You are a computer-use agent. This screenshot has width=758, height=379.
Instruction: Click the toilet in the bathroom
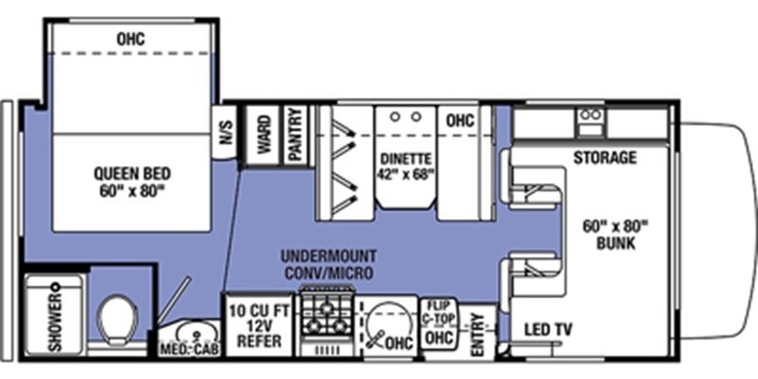[x=118, y=320]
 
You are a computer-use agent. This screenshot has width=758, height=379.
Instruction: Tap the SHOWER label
[x=58, y=317]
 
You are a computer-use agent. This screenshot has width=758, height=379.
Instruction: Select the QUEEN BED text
[x=133, y=173]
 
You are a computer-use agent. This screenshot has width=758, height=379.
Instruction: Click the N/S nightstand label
[x=226, y=132]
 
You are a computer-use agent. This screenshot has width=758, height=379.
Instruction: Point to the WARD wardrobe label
[x=264, y=134]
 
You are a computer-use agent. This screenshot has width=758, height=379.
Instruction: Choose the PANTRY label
[x=296, y=135]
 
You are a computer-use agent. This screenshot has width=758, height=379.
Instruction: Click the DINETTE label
[x=406, y=158]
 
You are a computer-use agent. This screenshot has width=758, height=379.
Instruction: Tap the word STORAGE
[x=605, y=157]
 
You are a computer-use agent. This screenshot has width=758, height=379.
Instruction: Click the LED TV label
[x=549, y=330]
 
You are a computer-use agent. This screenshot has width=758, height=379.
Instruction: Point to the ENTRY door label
[x=477, y=334]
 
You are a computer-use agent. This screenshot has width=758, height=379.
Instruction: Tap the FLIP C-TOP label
[x=438, y=312]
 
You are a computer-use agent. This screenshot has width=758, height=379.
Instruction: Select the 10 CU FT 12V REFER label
[x=260, y=326]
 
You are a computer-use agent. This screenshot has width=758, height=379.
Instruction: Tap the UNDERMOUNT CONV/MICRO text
[x=329, y=264]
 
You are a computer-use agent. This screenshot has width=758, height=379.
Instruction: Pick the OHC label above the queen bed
[x=131, y=39]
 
